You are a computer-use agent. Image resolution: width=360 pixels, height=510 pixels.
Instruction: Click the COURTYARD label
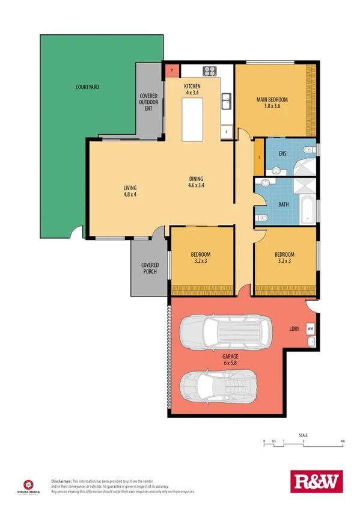coord(87,87)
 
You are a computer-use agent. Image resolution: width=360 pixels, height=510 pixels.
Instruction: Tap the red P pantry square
coord(172,70)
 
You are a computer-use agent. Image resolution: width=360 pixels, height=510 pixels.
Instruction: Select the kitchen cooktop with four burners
coord(210,71)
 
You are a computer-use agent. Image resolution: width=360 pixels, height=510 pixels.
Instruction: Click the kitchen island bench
coord(193,117)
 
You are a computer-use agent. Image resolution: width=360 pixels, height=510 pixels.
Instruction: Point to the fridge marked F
coord(226,131)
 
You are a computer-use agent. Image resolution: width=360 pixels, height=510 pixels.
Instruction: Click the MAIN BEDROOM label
coord(272,103)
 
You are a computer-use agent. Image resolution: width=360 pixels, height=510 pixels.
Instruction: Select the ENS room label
coord(282,153)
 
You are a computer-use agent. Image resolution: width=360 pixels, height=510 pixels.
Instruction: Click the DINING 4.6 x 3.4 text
coord(196,182)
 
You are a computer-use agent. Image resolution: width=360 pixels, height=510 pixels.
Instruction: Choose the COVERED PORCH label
coord(150,268)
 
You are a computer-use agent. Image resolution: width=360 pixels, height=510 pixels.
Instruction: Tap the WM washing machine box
coord(310,329)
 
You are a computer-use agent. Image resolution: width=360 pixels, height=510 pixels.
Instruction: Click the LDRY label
coord(294,329)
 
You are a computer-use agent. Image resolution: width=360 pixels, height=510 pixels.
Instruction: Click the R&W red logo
coord(316,482)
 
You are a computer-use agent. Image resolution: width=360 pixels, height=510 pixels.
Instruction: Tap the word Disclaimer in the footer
coord(61,481)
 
